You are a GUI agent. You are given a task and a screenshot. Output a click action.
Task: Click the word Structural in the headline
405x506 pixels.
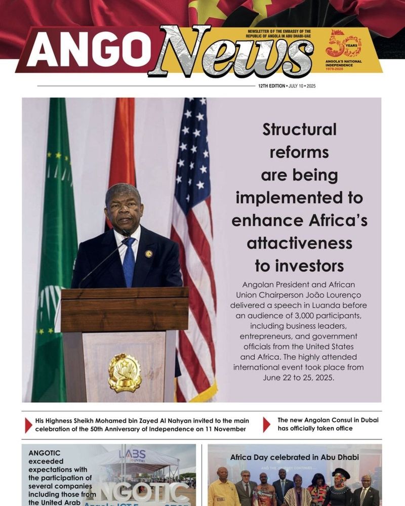coord(299,130)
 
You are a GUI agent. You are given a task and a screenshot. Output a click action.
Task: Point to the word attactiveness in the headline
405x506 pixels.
coord(299,243)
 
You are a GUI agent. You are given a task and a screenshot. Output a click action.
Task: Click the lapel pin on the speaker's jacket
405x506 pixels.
coord(148,254)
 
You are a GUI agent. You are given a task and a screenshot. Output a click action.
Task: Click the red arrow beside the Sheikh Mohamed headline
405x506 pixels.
coord(28,425)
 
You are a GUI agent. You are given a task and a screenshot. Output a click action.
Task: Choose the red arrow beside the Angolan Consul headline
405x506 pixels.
coord(266,425)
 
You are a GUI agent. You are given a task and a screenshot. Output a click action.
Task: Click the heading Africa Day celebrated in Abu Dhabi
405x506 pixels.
coord(294,457)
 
